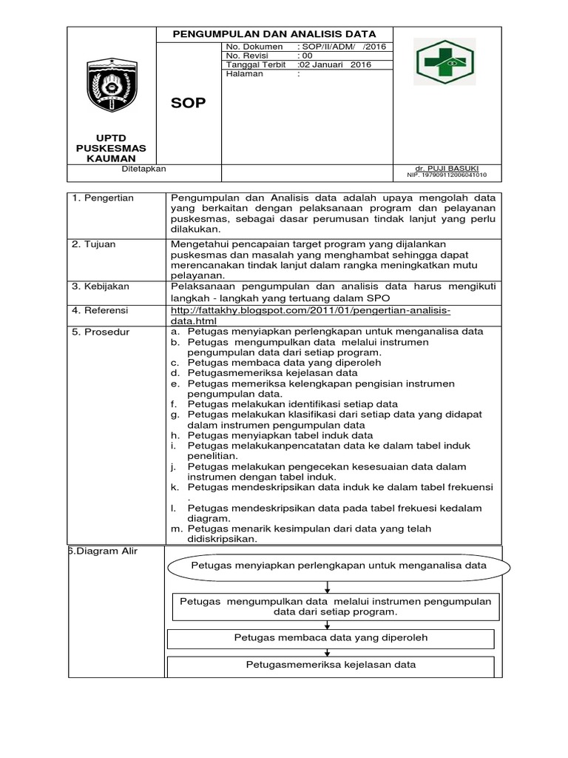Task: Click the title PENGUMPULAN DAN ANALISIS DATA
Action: [274, 34]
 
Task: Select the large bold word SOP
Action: [189, 103]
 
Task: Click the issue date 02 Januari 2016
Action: [334, 64]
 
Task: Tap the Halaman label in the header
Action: [245, 73]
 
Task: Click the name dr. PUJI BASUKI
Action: [447, 169]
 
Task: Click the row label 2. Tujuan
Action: [94, 244]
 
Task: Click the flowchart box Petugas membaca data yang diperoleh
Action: [331, 637]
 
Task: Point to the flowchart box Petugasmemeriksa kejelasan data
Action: [331, 665]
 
